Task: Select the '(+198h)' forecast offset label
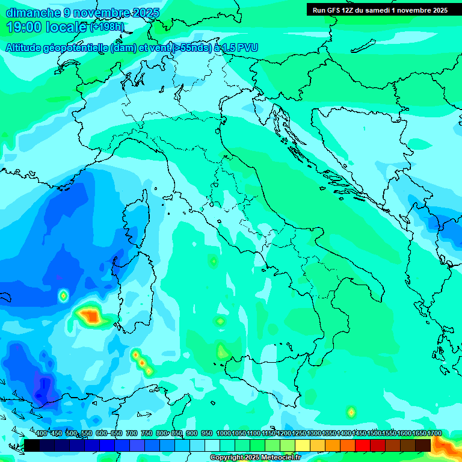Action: (x=107, y=27)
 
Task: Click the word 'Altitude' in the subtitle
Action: (x=27, y=48)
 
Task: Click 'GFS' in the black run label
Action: (x=333, y=10)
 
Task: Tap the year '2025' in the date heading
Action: (x=145, y=13)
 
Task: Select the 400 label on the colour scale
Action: (x=41, y=433)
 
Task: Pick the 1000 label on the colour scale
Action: (x=223, y=433)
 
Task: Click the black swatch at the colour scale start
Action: (x=32, y=445)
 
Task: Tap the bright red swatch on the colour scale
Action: (x=363, y=445)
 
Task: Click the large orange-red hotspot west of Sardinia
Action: (x=90, y=315)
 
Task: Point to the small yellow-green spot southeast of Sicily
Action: (x=351, y=413)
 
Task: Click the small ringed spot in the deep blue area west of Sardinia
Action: (x=64, y=295)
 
